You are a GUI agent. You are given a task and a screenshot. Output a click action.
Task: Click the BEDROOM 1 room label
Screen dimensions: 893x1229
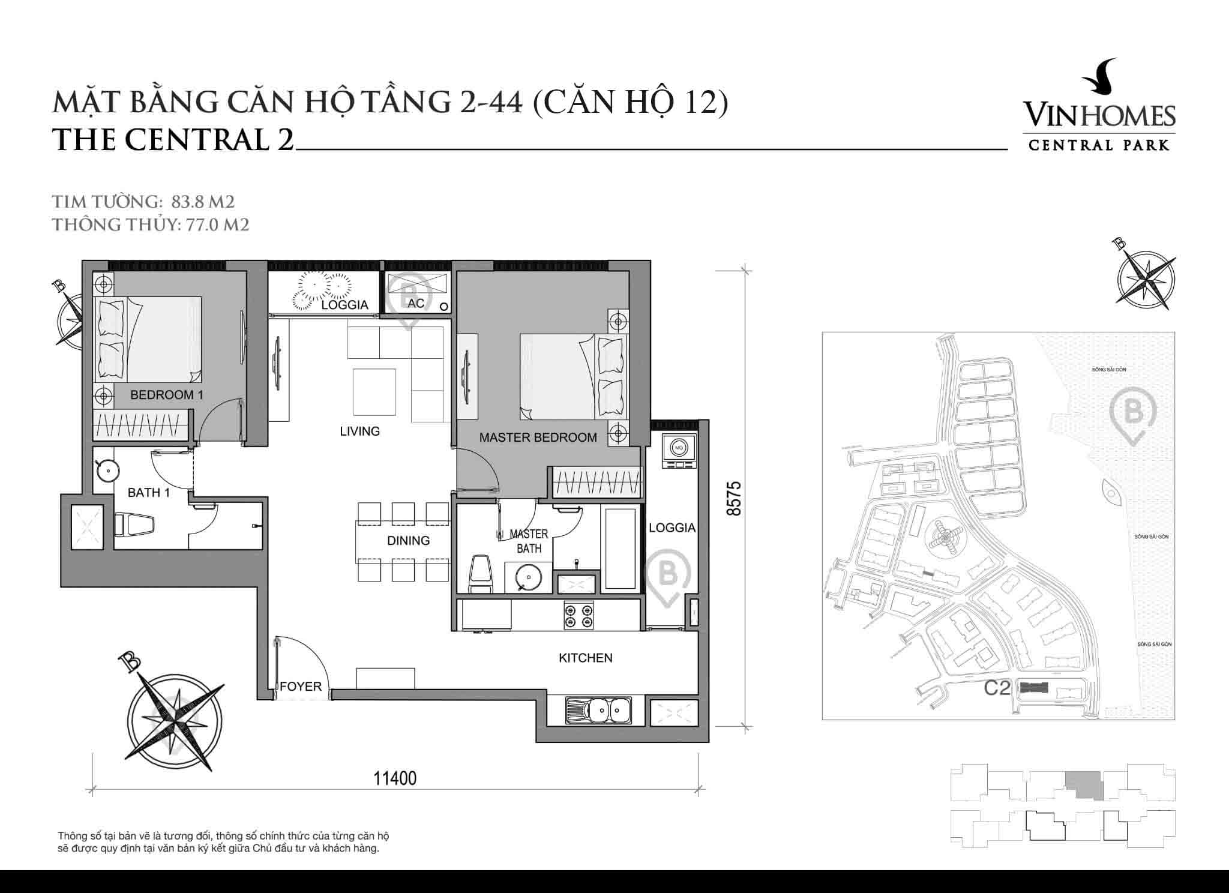(x=162, y=395)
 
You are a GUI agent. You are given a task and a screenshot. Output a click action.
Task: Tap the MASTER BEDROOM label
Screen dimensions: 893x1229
(x=538, y=437)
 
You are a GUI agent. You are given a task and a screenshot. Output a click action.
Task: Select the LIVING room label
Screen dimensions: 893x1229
(x=359, y=431)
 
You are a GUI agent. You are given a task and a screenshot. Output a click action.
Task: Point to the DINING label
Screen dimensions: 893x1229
(x=408, y=540)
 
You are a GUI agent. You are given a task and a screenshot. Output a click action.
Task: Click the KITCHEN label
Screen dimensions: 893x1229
(x=585, y=658)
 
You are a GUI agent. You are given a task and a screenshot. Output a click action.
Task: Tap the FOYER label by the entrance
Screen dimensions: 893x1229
(x=301, y=687)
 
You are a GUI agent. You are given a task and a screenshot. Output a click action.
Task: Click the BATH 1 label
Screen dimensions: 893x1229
(x=149, y=493)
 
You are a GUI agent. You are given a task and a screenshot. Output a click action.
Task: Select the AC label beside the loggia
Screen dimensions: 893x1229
(x=416, y=304)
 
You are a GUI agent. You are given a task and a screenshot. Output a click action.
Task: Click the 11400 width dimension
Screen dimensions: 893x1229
(x=395, y=778)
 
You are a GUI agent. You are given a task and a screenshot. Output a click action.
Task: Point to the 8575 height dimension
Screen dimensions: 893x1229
(x=734, y=498)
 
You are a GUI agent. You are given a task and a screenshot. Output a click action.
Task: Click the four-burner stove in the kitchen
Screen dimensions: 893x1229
(x=578, y=616)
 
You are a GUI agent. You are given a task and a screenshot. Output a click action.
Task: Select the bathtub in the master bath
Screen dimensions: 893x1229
(x=620, y=549)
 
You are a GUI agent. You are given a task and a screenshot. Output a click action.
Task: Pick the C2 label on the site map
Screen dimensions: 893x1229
(x=997, y=688)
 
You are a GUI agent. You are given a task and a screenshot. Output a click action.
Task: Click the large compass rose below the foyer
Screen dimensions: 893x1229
(x=176, y=716)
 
